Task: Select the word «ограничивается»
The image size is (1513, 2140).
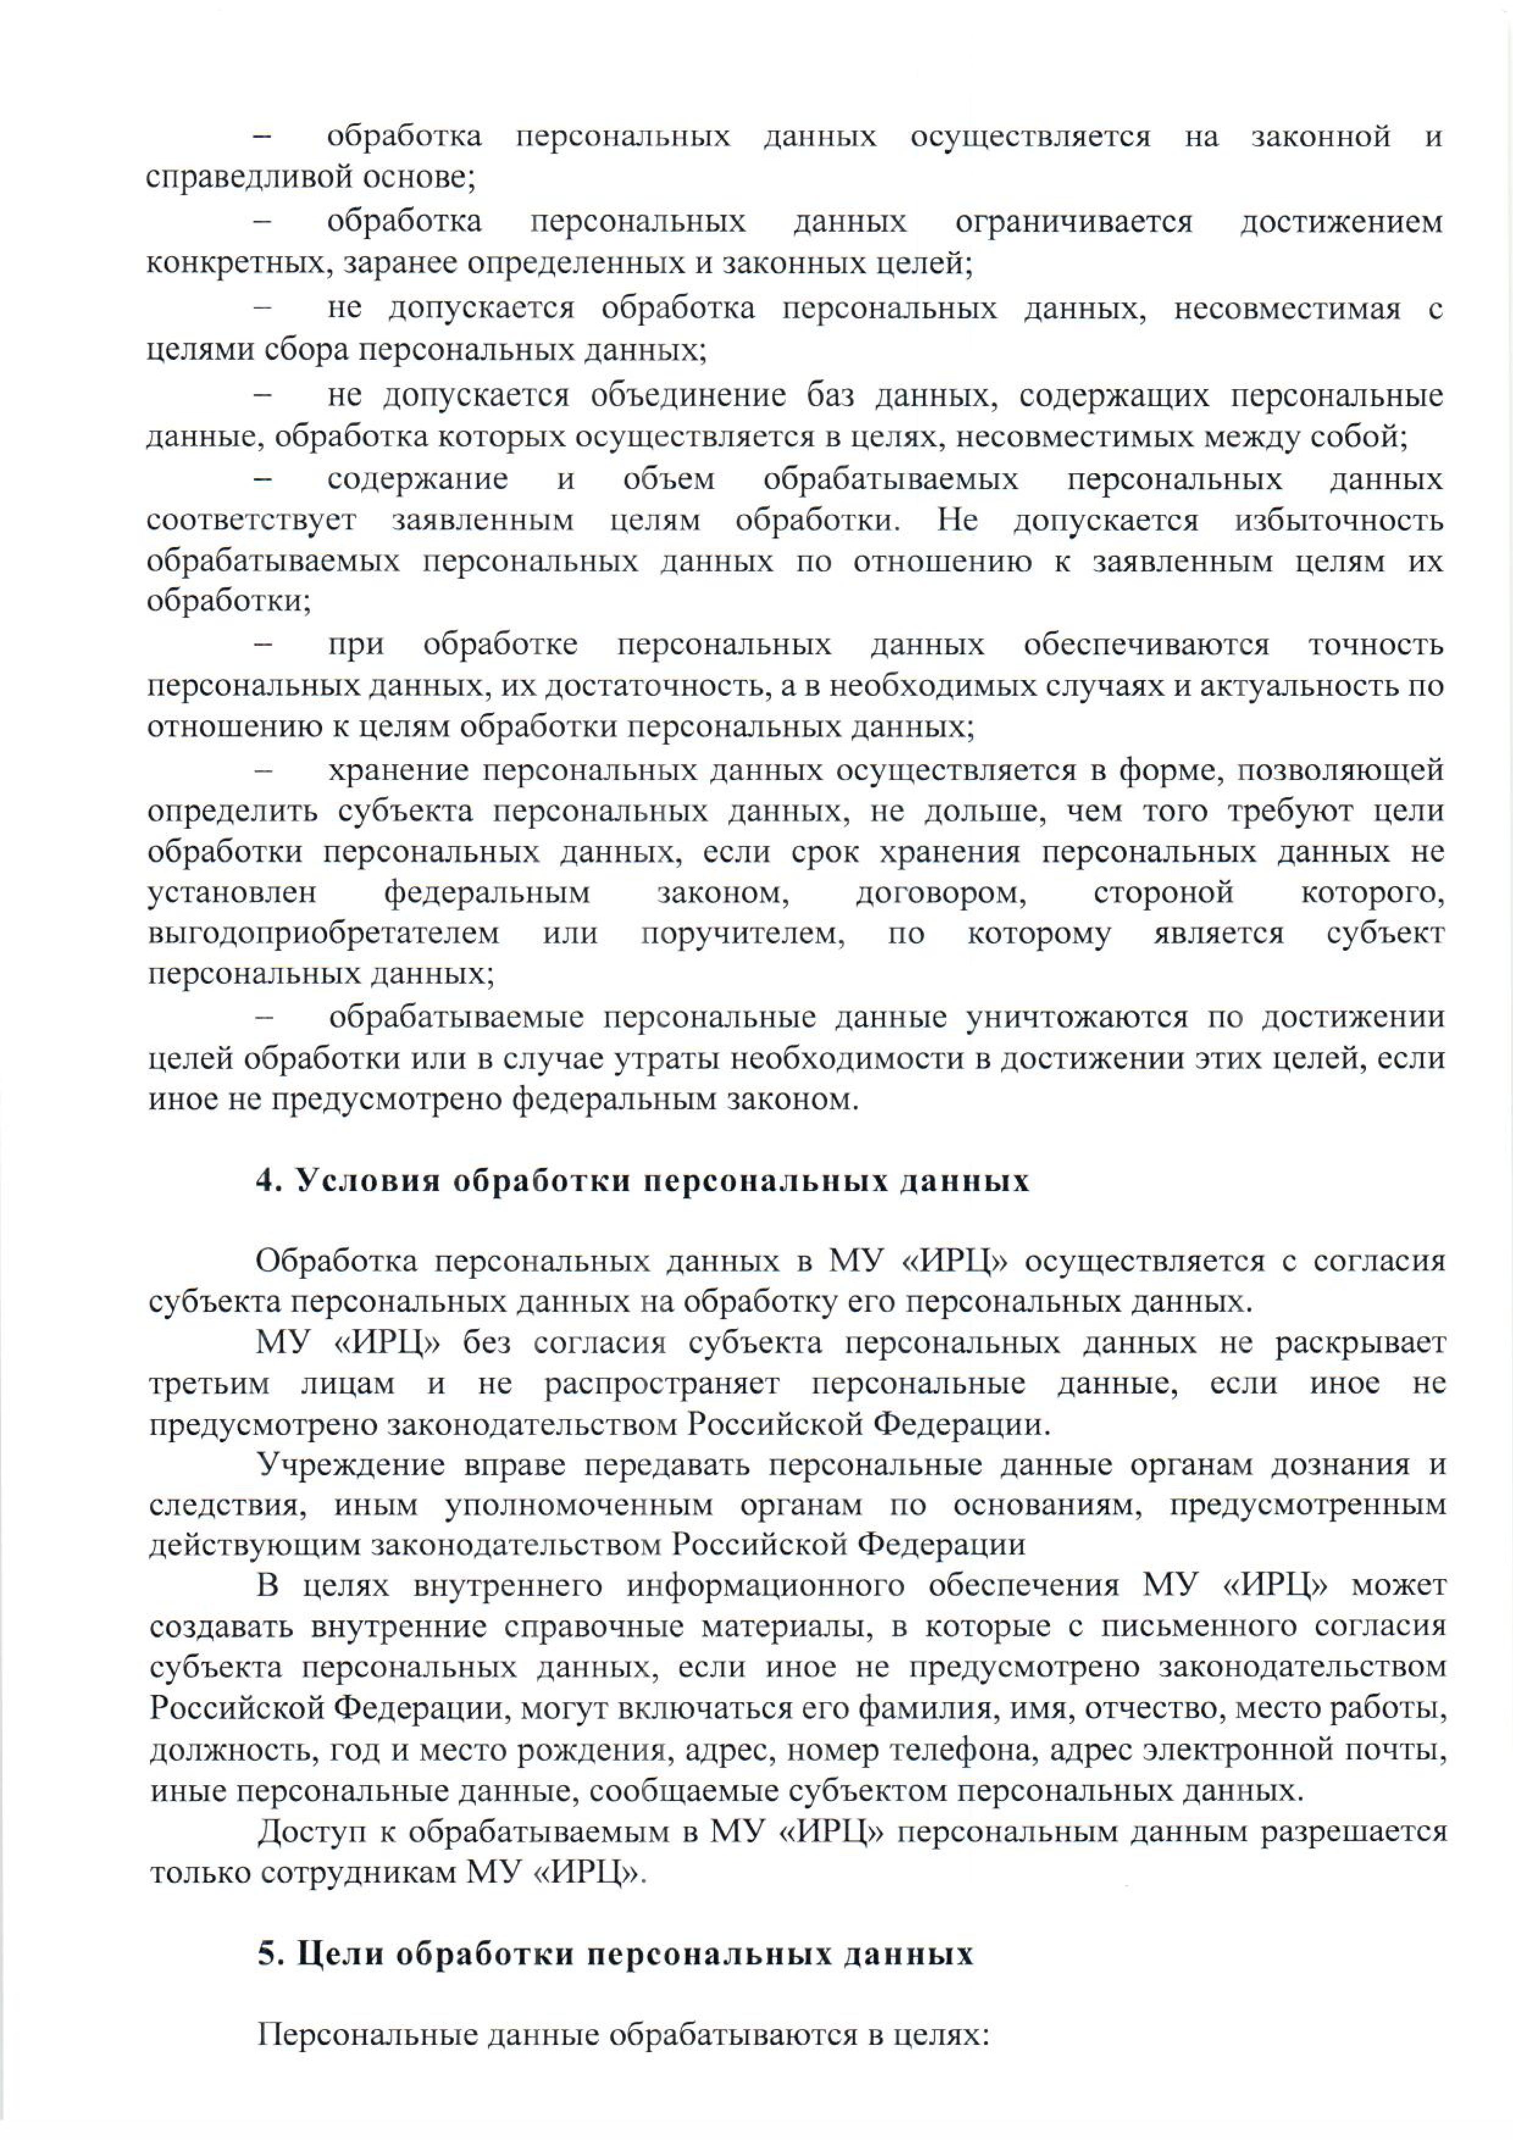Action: [x=1073, y=222]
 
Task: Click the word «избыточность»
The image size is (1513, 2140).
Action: [x=1339, y=520]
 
